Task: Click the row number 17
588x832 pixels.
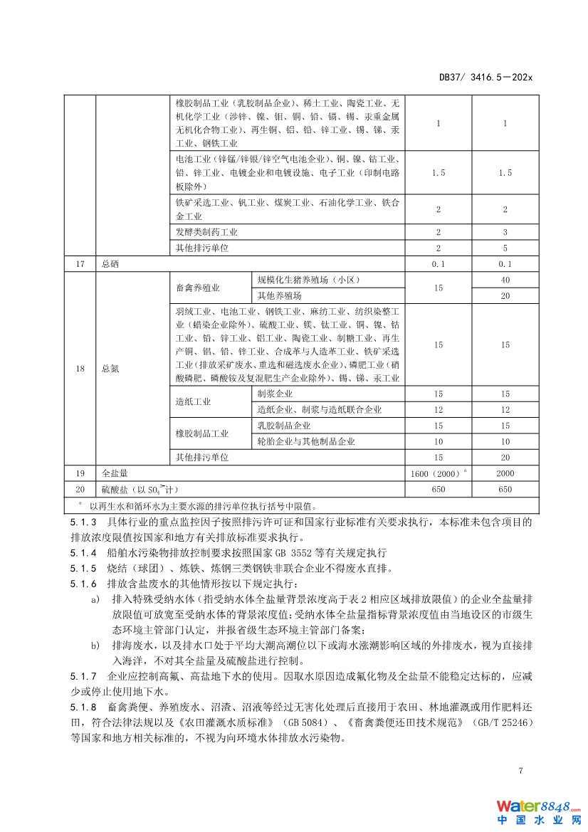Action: tap(80, 264)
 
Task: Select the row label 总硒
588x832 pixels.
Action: tap(111, 264)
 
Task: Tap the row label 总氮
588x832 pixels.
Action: tap(111, 368)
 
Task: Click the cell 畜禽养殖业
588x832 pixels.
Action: tap(198, 288)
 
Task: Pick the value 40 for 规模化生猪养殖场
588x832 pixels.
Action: tap(505, 280)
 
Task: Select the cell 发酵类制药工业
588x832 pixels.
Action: tap(207, 232)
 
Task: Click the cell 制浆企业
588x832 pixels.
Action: tap(275, 394)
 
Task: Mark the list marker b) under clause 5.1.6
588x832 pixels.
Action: tap(95, 645)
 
